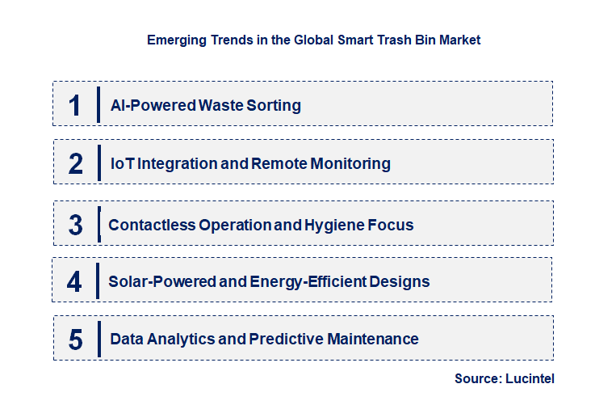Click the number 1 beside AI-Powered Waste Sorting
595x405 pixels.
pos(75,105)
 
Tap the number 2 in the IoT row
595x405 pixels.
pos(76,163)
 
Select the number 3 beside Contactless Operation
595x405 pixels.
pos(76,226)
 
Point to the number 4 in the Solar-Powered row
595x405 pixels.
pos(75,282)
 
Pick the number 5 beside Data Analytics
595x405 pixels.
pos(76,340)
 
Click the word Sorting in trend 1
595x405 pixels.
pos(274,105)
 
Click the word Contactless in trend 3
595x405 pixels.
pos(148,225)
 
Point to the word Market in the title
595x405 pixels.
pos(459,40)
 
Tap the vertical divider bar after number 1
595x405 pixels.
pos(98,104)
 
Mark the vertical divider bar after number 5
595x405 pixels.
pos(98,339)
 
